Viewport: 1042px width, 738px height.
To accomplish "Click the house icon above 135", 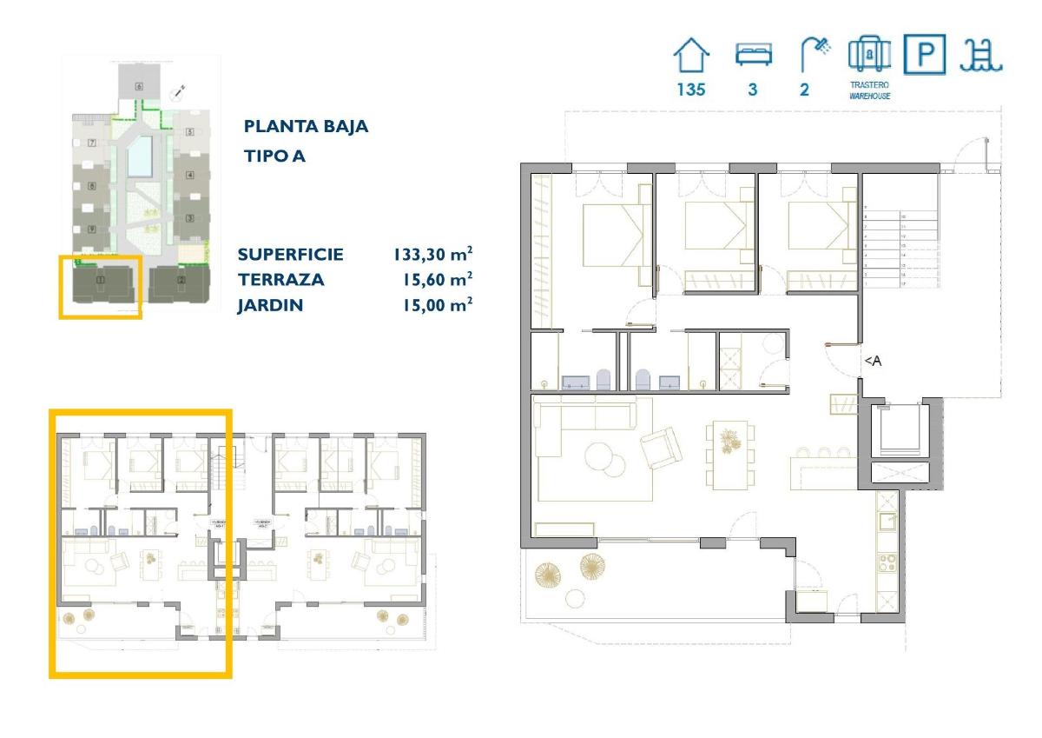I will (x=692, y=57).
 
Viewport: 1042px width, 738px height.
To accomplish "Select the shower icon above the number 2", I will (x=813, y=56).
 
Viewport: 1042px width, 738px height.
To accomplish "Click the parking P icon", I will (x=924, y=55).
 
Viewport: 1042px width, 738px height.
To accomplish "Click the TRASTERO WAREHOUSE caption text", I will (x=869, y=90).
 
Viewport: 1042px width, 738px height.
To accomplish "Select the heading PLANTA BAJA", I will (x=306, y=127).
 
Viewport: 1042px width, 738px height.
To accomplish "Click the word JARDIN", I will (x=269, y=305).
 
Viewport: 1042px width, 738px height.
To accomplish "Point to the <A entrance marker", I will (x=872, y=362).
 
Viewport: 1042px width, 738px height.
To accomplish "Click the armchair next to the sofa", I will (x=662, y=447).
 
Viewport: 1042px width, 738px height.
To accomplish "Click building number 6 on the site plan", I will (x=139, y=87).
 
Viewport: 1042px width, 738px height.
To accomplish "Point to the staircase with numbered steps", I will (x=900, y=249).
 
